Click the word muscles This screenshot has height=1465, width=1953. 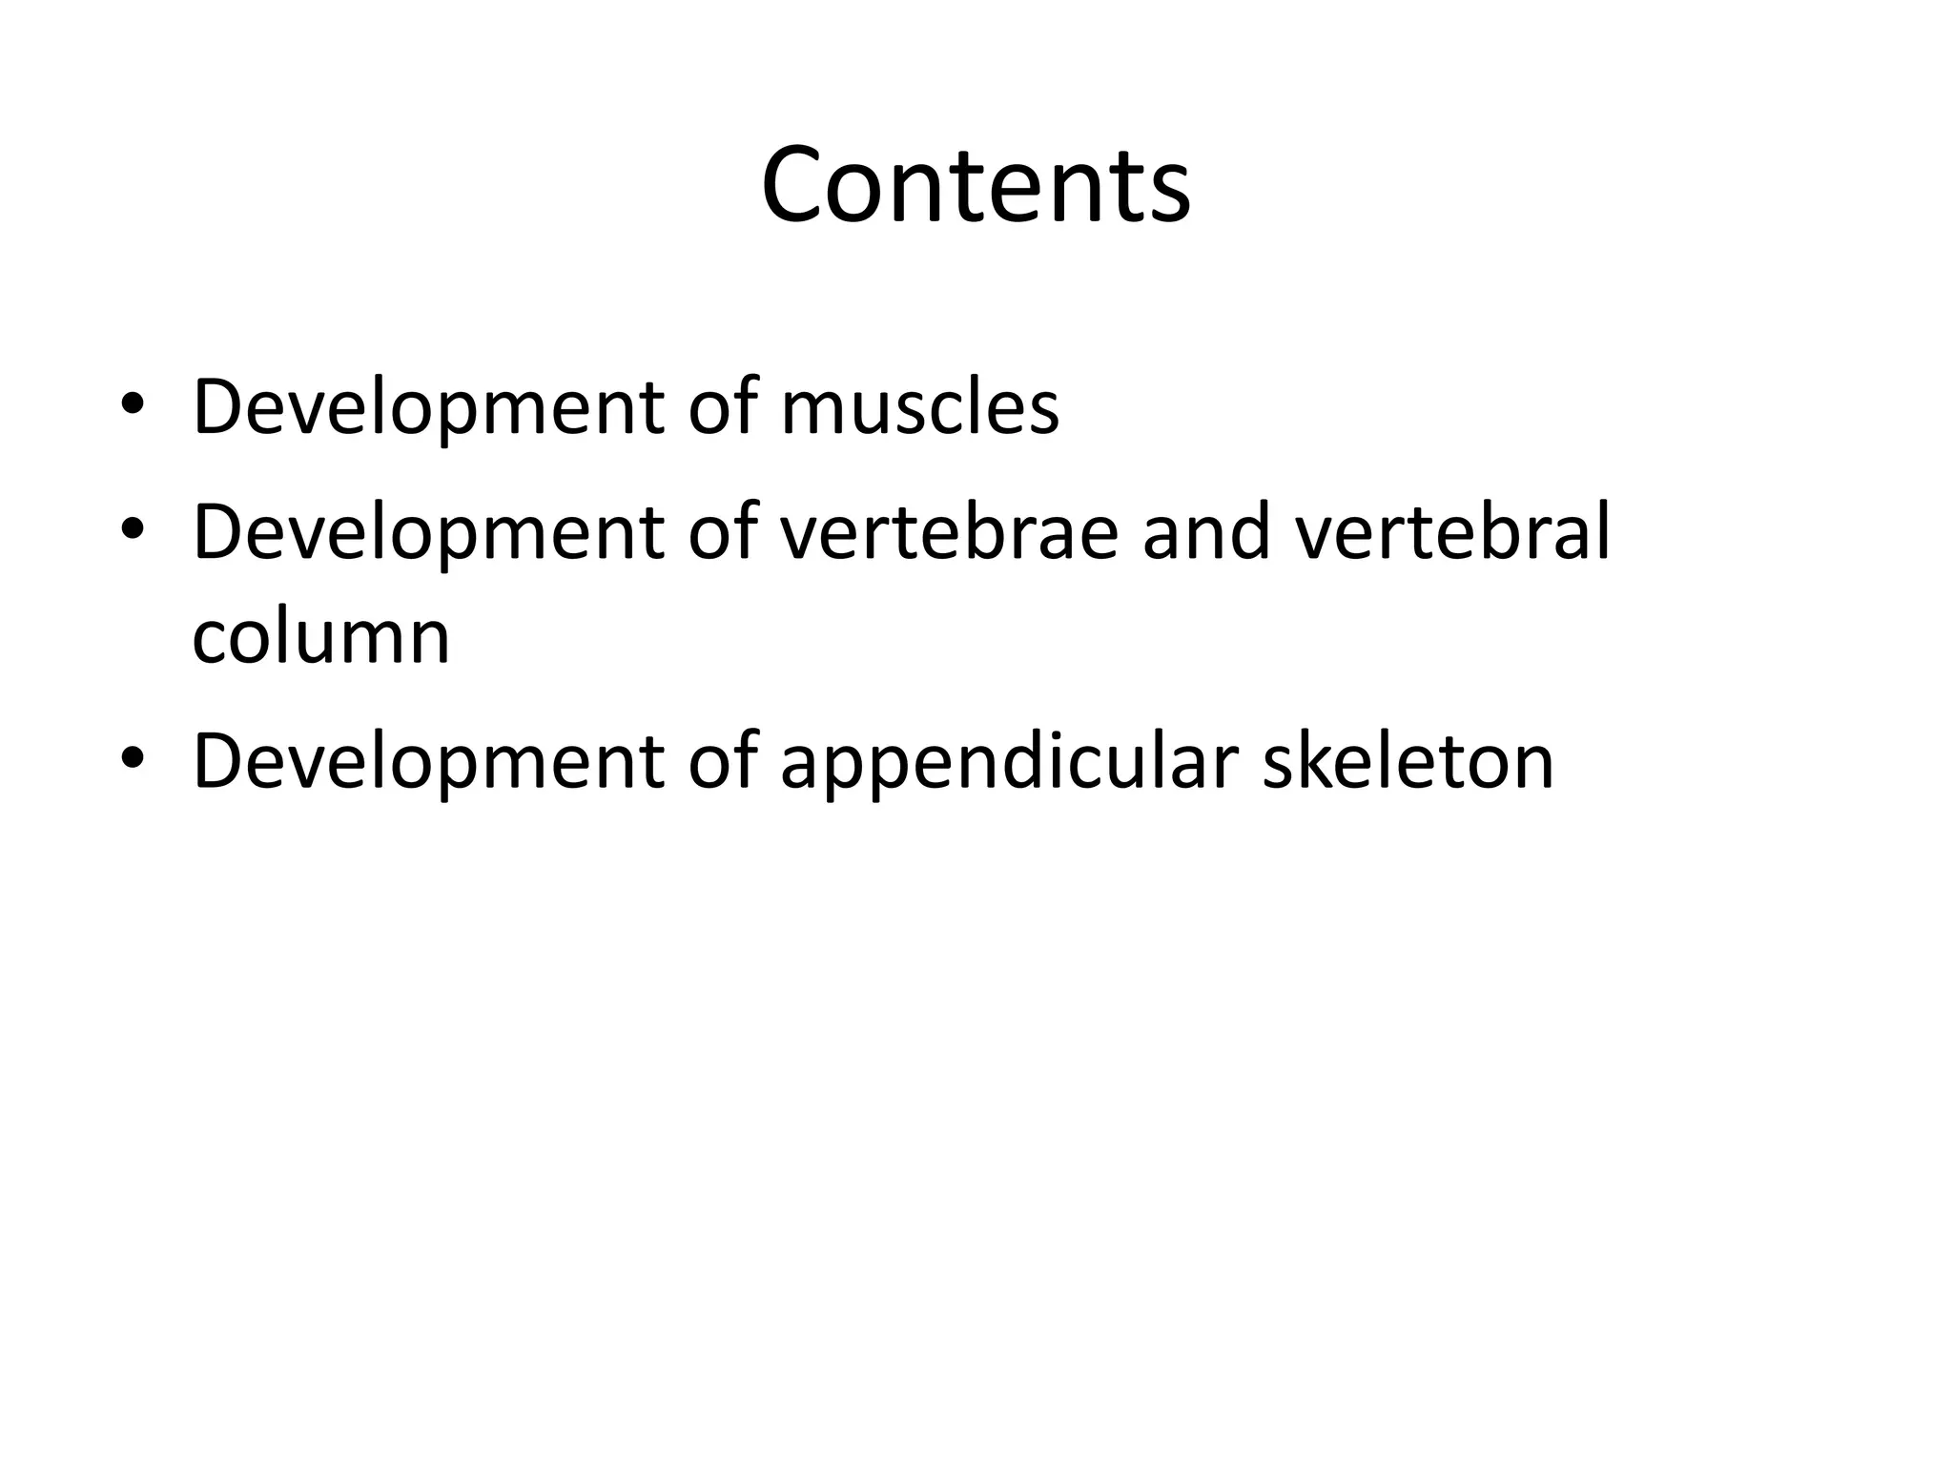point(919,407)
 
